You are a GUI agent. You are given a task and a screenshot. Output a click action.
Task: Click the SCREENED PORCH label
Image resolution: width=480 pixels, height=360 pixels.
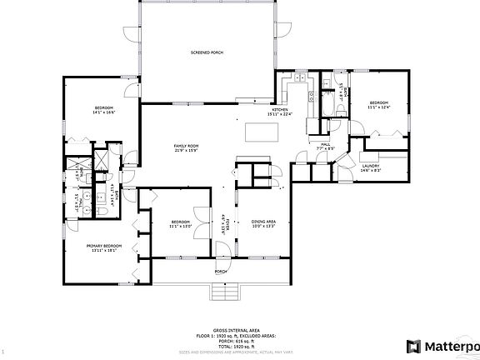[x=207, y=52]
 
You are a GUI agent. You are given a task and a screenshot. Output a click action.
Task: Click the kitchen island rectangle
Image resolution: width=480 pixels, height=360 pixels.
[x=262, y=133]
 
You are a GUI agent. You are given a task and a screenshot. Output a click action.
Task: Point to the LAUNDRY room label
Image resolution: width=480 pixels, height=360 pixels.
[x=371, y=167]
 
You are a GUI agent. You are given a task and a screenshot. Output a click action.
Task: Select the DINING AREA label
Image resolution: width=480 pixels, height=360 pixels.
[x=264, y=221]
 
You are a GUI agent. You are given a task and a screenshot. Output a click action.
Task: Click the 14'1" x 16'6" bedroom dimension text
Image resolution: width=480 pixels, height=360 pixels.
[x=103, y=112]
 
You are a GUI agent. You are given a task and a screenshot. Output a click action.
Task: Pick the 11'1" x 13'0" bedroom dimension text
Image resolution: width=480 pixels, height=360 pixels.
[x=180, y=226]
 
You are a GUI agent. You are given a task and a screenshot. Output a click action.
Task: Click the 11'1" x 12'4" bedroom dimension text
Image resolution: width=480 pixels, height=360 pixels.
[x=378, y=107]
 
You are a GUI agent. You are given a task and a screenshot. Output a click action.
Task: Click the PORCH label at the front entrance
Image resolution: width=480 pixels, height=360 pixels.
[x=221, y=272]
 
